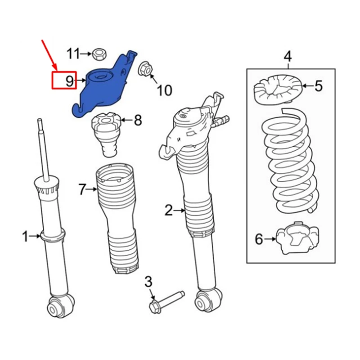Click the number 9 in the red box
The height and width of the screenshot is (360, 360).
[x=69, y=81]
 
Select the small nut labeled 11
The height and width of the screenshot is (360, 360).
[x=98, y=55]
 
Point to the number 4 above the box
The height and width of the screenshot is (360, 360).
[x=288, y=57]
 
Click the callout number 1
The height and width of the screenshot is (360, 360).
[x=26, y=235]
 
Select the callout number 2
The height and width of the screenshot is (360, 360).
[x=168, y=210]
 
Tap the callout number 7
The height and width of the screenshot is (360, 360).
[x=81, y=189]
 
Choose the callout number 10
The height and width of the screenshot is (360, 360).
[x=164, y=90]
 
